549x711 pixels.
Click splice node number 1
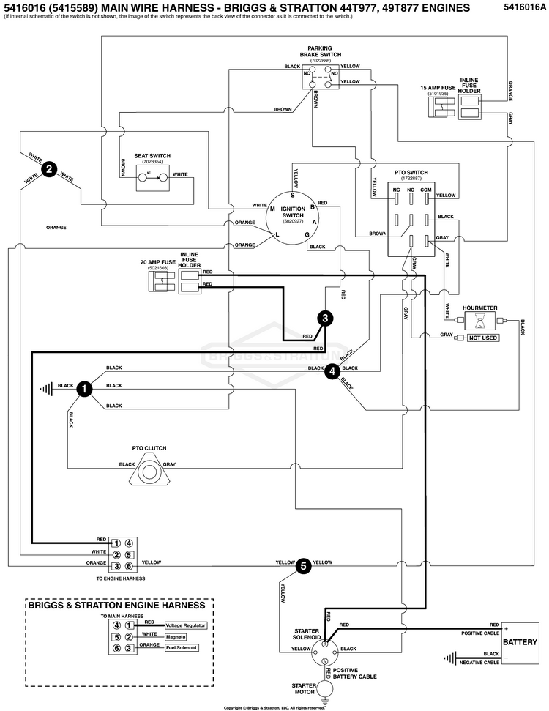84,390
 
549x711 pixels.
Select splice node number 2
49,169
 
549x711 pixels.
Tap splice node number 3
325,318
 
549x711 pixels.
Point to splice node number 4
332,371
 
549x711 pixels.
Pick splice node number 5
303,565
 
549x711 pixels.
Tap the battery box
521,642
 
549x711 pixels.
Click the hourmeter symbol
479,321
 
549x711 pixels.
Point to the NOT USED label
484,338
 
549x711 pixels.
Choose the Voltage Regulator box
185,626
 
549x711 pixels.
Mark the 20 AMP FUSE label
158,262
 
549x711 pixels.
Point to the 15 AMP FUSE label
438,88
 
